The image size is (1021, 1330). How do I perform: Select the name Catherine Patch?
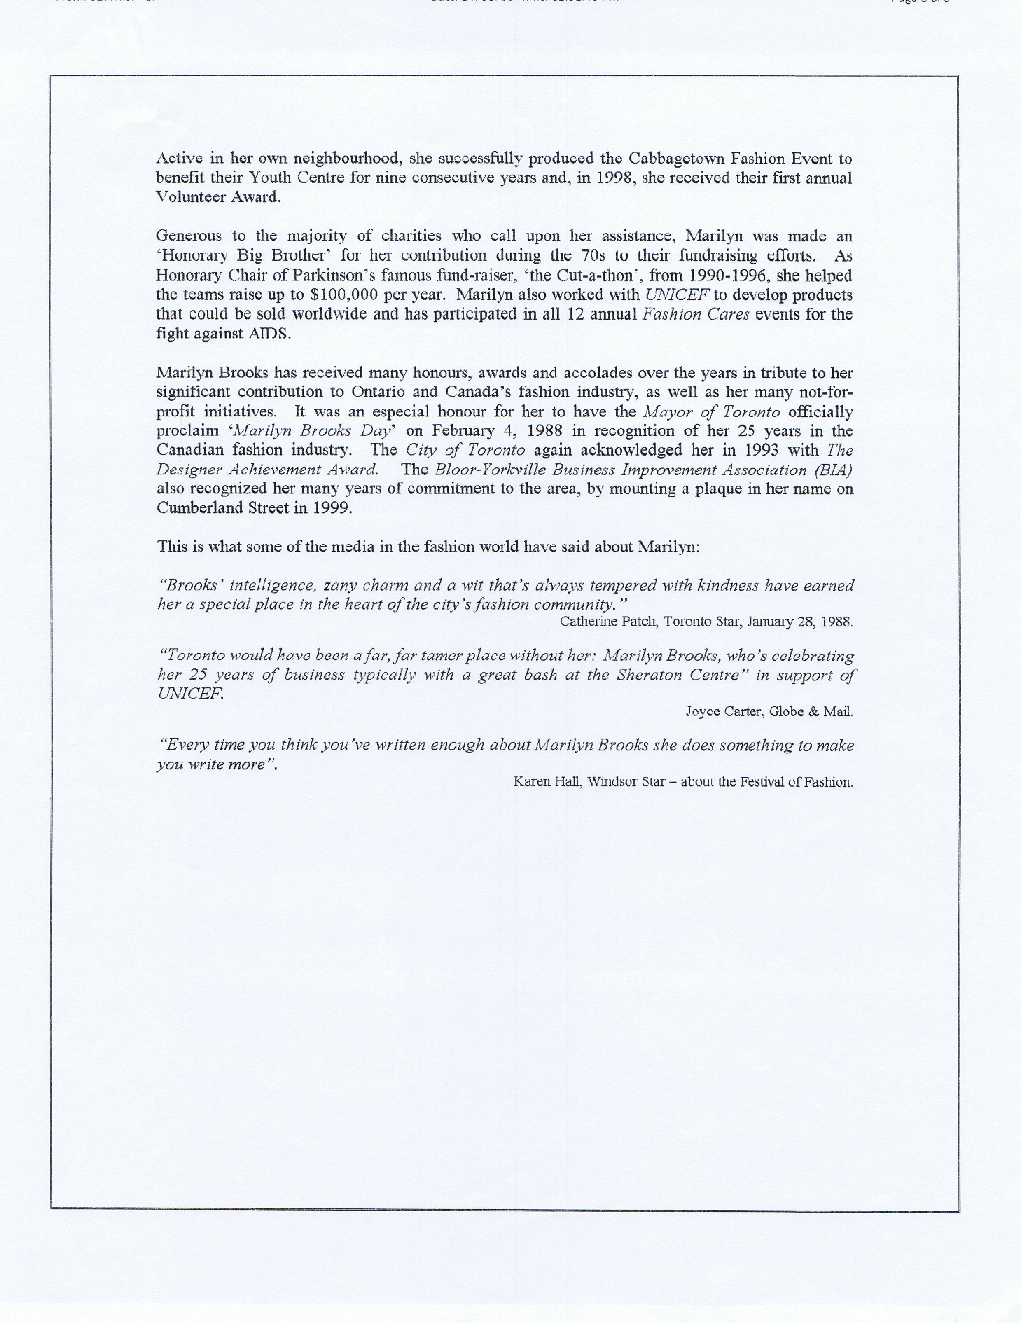click(608, 622)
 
